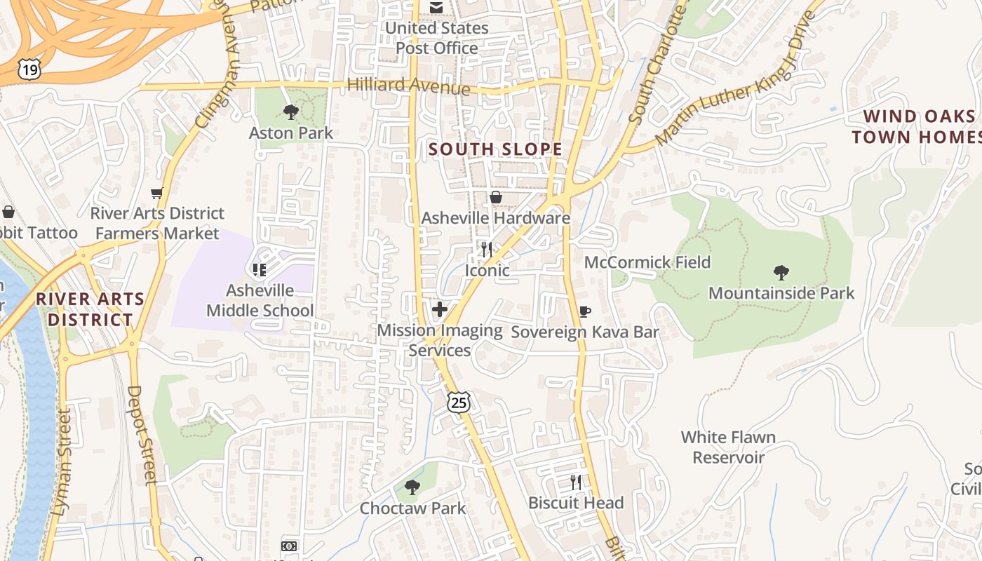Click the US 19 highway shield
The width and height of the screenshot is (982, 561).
click(x=30, y=69)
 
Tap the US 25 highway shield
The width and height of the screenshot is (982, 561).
click(x=459, y=402)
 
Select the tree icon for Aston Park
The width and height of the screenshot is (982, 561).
click(x=290, y=112)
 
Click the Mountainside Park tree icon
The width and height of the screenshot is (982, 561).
click(x=781, y=273)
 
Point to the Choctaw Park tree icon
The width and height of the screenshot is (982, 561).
click(x=412, y=487)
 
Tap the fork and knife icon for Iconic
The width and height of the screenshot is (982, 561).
click(x=487, y=249)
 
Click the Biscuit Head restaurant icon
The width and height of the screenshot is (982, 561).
click(x=575, y=482)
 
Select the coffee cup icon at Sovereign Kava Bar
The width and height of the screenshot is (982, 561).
click(x=584, y=311)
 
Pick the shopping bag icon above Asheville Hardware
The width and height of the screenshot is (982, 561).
click(x=495, y=197)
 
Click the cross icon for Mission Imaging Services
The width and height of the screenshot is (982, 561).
click(x=440, y=309)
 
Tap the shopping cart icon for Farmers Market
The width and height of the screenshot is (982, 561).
click(x=157, y=193)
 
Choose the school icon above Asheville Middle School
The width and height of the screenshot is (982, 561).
click(x=260, y=269)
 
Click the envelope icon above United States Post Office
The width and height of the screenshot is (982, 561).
click(x=436, y=8)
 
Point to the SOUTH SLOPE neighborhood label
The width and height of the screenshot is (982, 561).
click(x=495, y=149)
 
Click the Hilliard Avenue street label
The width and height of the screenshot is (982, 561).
click(x=408, y=86)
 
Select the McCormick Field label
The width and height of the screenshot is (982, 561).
click(x=647, y=262)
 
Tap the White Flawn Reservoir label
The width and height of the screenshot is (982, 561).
click(x=728, y=447)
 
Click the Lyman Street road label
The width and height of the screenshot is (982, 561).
click(x=62, y=463)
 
